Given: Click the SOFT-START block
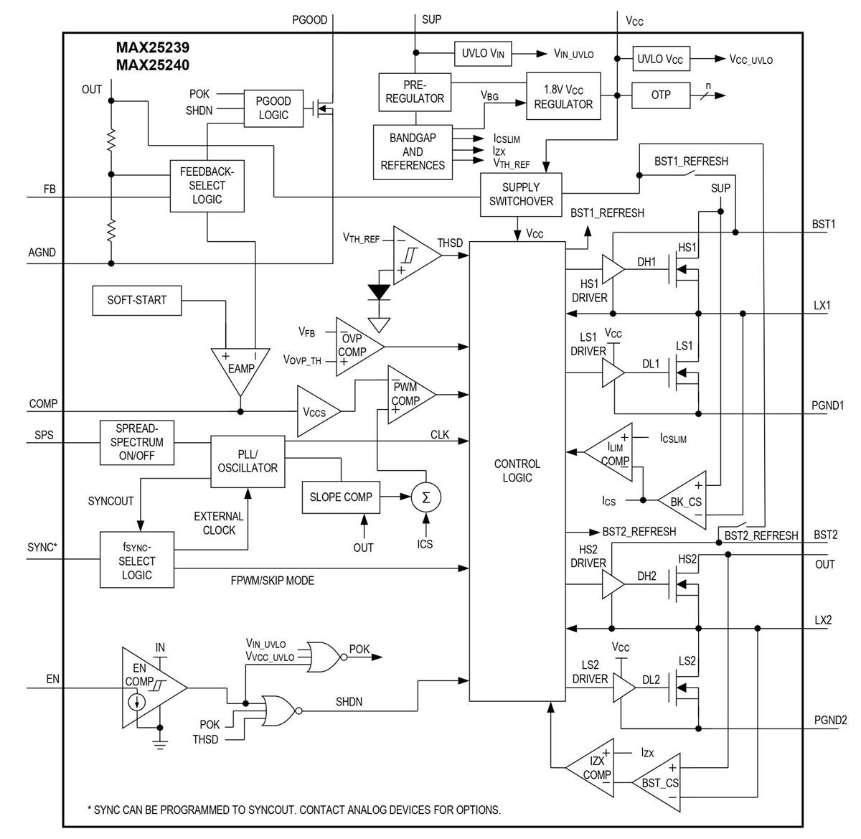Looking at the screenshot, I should tap(136, 300).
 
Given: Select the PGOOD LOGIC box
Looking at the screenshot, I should tap(273, 108).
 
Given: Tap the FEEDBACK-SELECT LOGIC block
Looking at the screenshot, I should tap(207, 186).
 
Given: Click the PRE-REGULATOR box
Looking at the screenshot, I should tap(415, 92).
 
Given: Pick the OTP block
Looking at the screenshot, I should tap(660, 95).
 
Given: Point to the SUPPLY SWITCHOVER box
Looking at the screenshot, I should tap(521, 194).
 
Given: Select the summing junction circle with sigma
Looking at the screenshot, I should tap(426, 497).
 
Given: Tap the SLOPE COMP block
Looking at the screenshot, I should tap(341, 497).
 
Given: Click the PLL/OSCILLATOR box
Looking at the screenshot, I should tap(248, 461).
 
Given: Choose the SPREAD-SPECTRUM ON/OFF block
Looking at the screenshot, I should tap(136, 441).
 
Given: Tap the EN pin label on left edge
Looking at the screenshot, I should tap(53, 678).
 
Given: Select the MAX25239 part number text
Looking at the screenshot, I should tap(153, 48).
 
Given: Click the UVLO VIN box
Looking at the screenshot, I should tap(484, 54).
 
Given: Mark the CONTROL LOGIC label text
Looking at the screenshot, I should tap(517, 471).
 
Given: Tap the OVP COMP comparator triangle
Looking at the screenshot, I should tap(356, 346).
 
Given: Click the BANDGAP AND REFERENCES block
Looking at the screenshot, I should tap(413, 151).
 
